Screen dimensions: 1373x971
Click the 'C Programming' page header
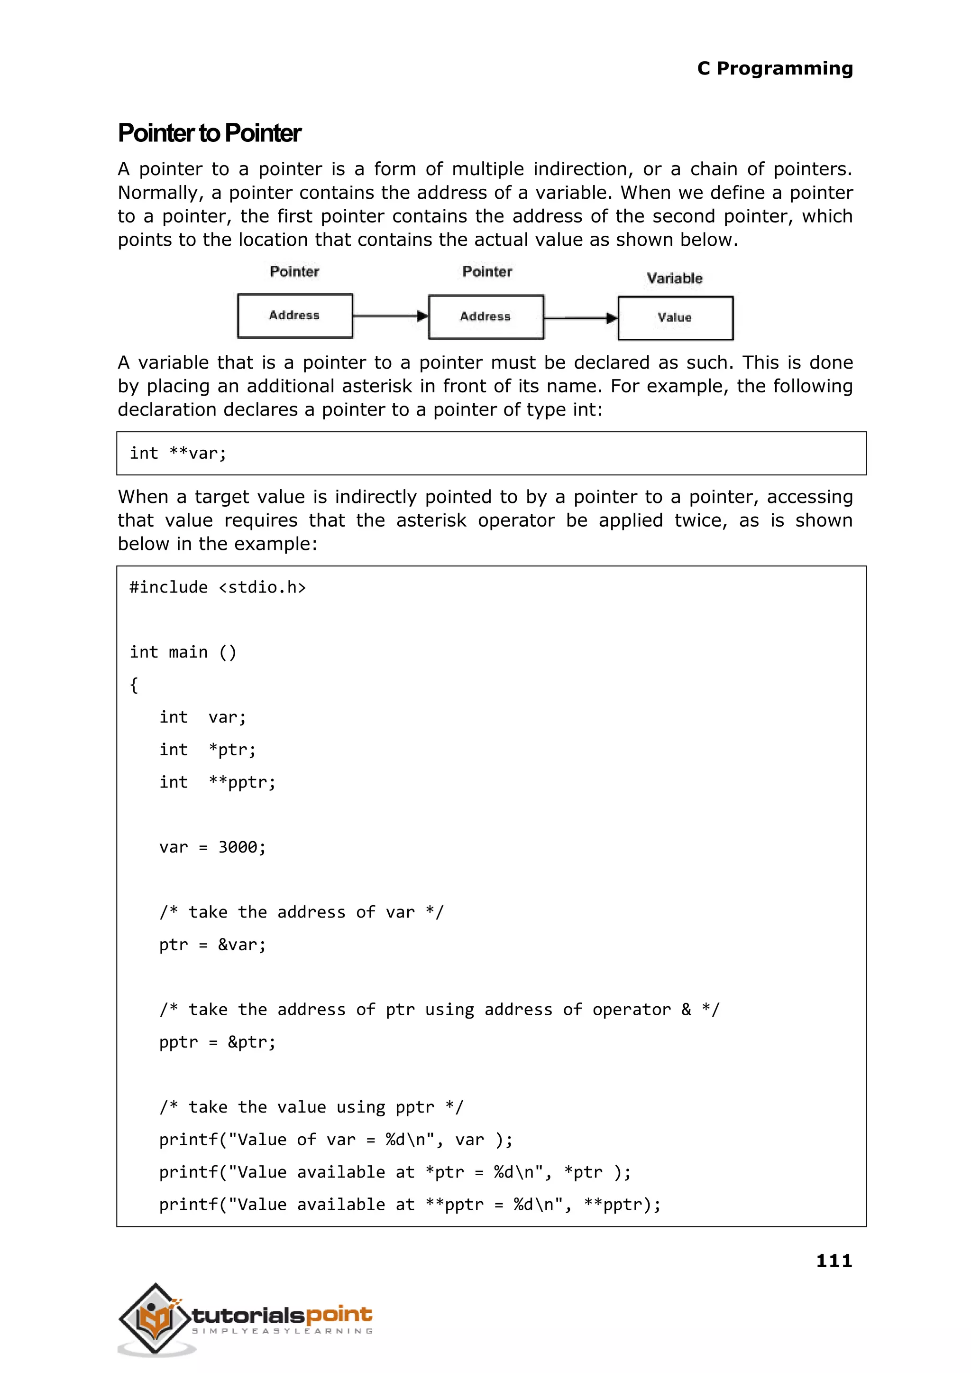(x=774, y=68)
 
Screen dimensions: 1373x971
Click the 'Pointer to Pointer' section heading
(x=209, y=133)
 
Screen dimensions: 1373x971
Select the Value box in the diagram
(x=675, y=318)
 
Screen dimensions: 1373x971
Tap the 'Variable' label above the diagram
(x=675, y=278)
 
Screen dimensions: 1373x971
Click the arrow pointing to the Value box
(x=580, y=318)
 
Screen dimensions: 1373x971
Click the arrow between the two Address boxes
(x=390, y=316)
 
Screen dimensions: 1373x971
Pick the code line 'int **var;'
(x=178, y=454)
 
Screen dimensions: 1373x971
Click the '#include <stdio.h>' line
(x=218, y=587)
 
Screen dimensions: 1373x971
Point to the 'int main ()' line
(x=183, y=652)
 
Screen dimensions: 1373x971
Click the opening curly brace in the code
(x=134, y=685)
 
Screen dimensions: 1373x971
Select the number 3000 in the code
(x=238, y=847)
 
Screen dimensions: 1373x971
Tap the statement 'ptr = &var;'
(x=212, y=945)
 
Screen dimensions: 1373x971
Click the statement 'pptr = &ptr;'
(x=217, y=1042)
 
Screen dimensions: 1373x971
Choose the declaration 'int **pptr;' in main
(x=217, y=782)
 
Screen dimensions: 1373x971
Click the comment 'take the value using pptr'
(x=311, y=1107)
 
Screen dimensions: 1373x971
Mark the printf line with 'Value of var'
(x=335, y=1140)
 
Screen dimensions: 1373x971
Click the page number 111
(x=834, y=1261)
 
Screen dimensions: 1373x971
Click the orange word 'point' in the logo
(x=339, y=1315)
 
